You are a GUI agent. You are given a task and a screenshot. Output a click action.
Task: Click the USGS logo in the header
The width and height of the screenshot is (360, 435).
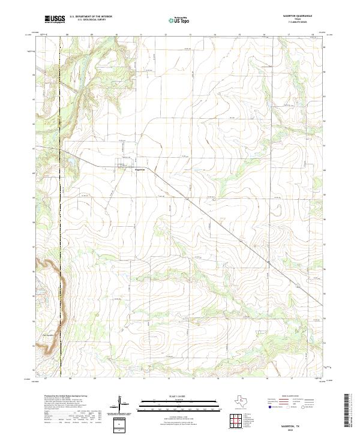point(55,19)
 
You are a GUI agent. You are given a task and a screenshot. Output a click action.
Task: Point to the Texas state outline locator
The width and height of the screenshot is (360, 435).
point(245,400)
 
